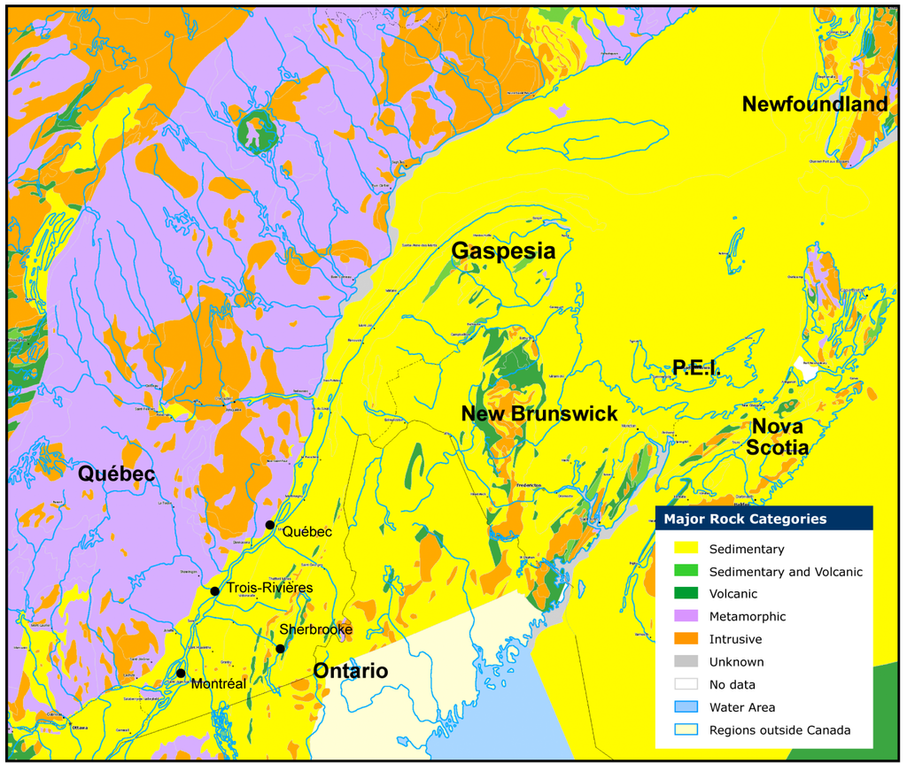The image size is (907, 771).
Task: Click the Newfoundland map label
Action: (814, 104)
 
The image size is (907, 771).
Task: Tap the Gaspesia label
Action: (503, 251)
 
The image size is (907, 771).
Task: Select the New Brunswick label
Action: (539, 413)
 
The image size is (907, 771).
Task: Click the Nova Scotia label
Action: (777, 437)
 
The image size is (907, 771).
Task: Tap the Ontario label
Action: (350, 671)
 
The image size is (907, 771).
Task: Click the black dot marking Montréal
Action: (181, 673)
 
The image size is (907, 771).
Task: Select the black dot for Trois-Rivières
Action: (214, 590)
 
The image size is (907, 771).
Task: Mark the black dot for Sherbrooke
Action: (280, 649)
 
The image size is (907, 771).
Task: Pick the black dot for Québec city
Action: (270, 525)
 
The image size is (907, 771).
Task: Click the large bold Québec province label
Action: (116, 474)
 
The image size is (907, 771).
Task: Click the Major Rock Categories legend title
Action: (745, 519)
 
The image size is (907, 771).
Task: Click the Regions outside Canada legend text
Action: (779, 730)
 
